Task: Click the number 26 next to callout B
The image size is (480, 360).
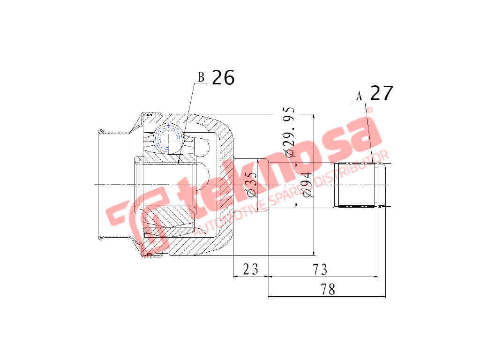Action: coord(223,78)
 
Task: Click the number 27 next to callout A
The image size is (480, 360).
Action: coord(382,93)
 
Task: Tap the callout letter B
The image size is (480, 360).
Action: coord(201,77)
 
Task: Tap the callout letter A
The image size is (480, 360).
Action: coord(360,96)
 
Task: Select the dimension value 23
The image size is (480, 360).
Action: coord(250,269)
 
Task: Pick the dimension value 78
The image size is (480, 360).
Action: coord(328,290)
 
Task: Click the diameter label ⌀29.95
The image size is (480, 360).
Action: coord(289,133)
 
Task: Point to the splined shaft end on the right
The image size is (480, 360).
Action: coord(358,185)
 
